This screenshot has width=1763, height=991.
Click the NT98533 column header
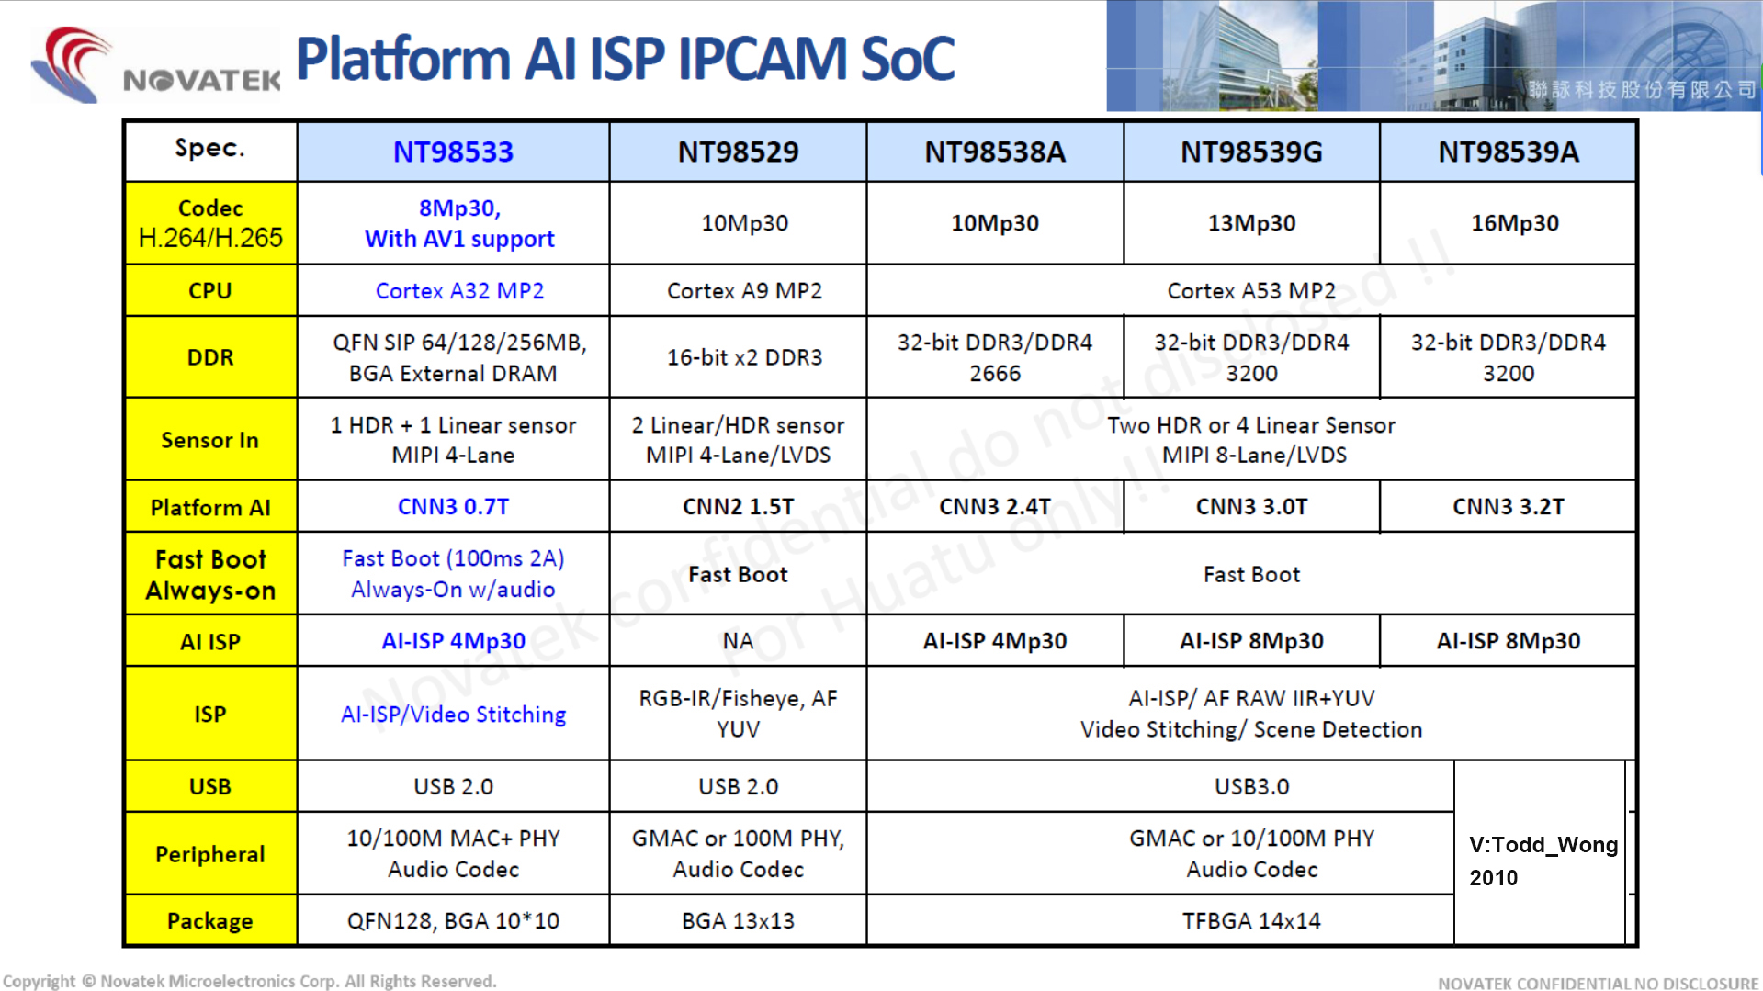tap(453, 152)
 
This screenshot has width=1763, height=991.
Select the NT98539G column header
tap(1251, 152)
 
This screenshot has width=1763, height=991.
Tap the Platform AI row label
tap(210, 507)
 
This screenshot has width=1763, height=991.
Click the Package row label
tap(210, 920)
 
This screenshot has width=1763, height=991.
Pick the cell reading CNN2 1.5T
tap(738, 507)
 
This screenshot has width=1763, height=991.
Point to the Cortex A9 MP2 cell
tap(744, 291)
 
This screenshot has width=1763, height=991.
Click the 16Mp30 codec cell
tap(1515, 223)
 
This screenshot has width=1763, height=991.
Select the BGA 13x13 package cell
tap(738, 920)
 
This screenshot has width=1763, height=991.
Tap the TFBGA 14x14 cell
tap(1251, 920)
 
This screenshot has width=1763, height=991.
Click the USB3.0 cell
tap(1251, 786)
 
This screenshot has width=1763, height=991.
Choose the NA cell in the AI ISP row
tap(738, 641)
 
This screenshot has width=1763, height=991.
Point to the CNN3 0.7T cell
tap(453, 507)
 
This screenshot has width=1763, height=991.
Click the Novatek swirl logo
tap(72, 64)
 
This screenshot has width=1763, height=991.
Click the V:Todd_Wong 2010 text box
tap(1543, 861)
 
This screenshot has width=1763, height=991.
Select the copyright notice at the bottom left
tap(250, 981)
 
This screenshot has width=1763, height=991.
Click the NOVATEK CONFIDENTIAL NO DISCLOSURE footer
tap(1599, 983)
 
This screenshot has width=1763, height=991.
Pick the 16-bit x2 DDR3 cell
tap(744, 357)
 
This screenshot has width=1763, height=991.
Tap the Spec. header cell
tap(210, 148)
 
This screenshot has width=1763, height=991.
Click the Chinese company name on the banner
tap(1643, 89)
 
